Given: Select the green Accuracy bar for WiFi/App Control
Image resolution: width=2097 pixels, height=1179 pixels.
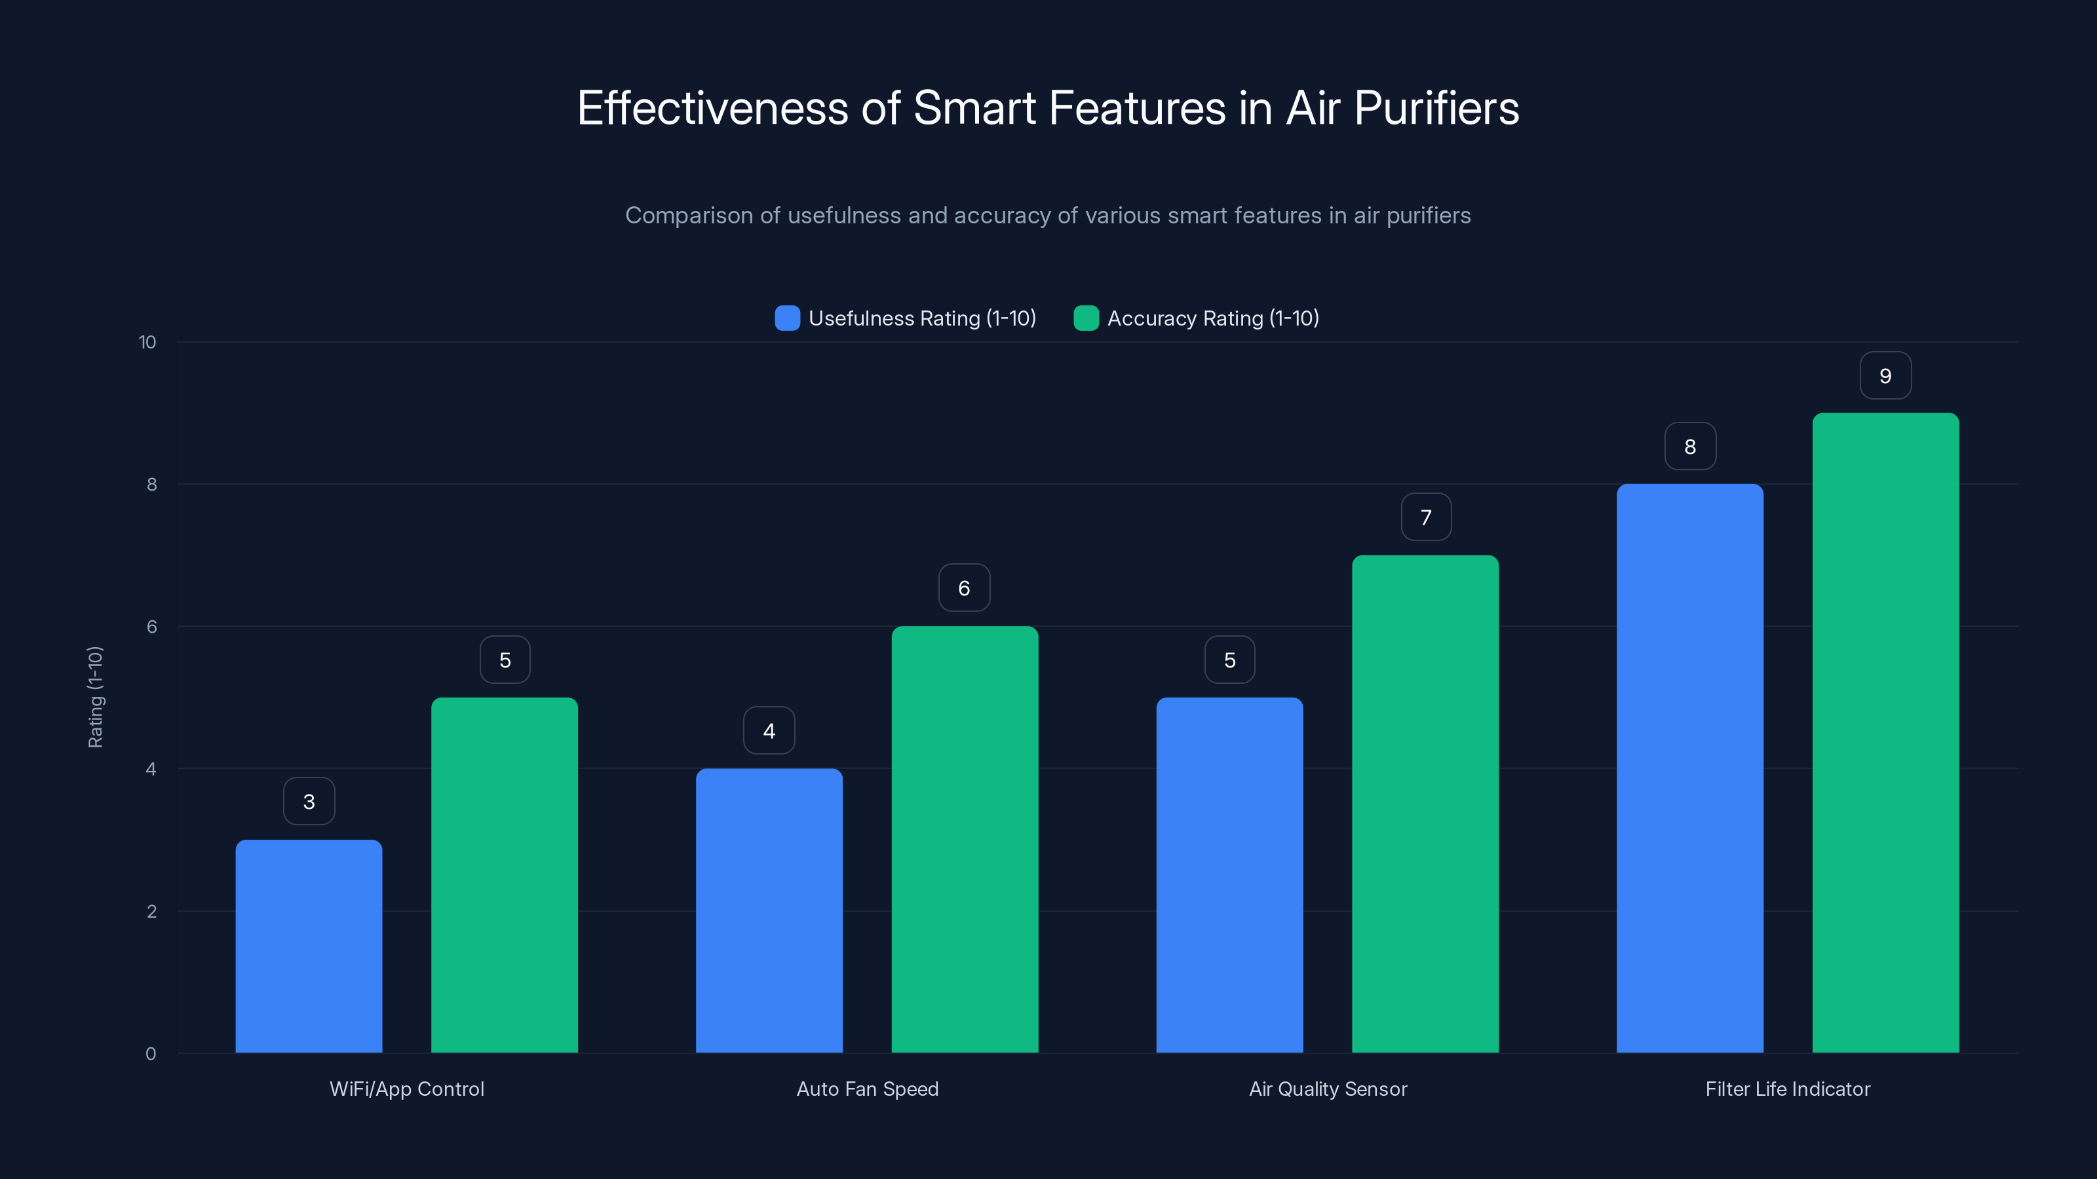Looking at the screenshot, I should point(504,874).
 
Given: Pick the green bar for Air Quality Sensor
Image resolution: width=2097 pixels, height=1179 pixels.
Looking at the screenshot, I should point(1425,804).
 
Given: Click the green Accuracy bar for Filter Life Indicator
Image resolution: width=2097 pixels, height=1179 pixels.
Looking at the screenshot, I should point(1885,732).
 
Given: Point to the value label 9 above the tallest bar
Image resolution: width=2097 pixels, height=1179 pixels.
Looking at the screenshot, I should point(1885,376).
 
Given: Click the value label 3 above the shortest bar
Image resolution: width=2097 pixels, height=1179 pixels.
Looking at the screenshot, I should point(309,802).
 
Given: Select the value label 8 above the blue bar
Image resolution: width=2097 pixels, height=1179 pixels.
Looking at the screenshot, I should point(1690,447).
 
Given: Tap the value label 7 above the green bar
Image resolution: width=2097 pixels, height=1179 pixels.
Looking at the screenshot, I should point(1425,517).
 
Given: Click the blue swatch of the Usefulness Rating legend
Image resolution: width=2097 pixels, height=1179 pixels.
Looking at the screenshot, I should point(787,318).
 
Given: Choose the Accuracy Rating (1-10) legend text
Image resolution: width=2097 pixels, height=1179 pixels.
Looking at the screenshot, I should point(1212,318).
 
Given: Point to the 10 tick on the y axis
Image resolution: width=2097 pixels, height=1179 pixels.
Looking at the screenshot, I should point(147,343).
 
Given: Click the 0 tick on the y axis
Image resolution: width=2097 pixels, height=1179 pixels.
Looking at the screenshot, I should point(151,1054).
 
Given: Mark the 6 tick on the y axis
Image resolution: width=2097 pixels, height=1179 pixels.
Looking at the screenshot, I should point(151,627).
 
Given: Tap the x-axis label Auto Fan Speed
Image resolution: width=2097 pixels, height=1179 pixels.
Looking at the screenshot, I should point(867,1089).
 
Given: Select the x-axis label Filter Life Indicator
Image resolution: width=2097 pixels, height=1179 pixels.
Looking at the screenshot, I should point(1788,1089).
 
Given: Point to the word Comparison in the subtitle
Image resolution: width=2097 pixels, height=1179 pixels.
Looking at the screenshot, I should point(689,215).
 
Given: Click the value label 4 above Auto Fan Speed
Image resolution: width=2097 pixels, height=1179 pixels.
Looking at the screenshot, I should point(769,731).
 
